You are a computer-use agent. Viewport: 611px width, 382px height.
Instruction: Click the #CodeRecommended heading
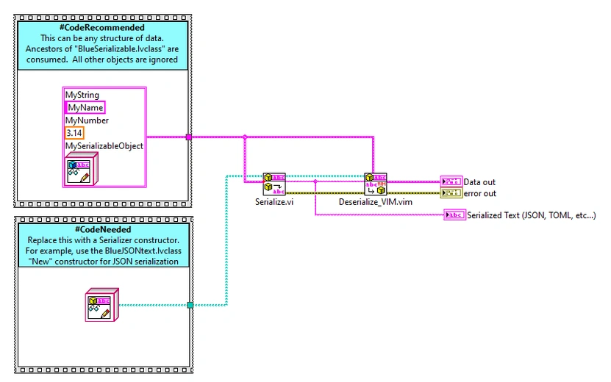(103, 28)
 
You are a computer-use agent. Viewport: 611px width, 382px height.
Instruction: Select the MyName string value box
(85, 108)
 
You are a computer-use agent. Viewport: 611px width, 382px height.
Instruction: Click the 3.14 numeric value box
(74, 133)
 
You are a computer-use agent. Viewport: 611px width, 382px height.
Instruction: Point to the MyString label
(82, 95)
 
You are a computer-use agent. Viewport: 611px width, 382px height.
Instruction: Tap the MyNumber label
(87, 120)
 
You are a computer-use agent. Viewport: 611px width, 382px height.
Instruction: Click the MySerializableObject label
(104, 145)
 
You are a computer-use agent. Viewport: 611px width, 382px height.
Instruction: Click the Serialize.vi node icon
(274, 184)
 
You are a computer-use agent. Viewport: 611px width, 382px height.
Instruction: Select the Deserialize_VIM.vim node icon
(375, 184)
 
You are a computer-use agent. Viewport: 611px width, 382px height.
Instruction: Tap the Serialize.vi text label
(269, 201)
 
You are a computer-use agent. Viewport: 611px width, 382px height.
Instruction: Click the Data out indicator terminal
(450, 181)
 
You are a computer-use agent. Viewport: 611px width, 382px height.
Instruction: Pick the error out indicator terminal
(450, 193)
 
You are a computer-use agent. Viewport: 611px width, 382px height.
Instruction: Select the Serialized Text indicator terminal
(454, 215)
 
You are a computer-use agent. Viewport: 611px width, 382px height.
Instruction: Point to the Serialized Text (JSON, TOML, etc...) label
(531, 215)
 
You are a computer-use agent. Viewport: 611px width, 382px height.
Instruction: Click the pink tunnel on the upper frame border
(189, 137)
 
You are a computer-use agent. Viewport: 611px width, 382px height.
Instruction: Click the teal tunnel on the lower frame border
(189, 305)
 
